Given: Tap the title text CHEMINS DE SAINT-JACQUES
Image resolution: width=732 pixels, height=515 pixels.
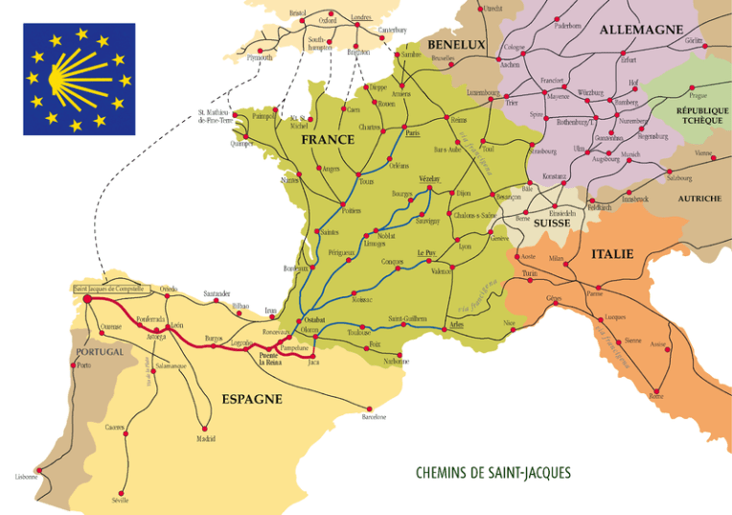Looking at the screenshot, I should [x=493, y=473].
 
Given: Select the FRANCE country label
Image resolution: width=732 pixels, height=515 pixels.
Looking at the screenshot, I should [x=328, y=140].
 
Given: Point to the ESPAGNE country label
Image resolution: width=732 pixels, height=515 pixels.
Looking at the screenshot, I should [x=252, y=399].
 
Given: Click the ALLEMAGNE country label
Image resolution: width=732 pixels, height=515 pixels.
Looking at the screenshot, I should [x=641, y=30].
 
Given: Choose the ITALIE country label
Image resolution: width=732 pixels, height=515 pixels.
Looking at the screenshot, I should [x=612, y=254].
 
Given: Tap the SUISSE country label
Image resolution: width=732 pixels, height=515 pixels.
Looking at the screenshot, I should [x=552, y=222].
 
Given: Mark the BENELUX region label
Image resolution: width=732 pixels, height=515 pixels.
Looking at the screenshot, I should [x=456, y=45].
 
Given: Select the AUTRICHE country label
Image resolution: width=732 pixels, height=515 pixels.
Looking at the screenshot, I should [x=698, y=199].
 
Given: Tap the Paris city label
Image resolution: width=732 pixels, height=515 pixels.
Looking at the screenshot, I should [x=413, y=133].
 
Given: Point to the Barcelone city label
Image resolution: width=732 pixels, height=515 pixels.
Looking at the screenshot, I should [x=374, y=417].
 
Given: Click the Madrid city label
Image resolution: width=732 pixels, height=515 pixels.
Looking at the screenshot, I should [x=205, y=438].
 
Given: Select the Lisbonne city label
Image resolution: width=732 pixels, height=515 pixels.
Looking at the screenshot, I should [x=26, y=477].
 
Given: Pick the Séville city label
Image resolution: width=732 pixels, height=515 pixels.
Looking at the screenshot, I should [x=120, y=501].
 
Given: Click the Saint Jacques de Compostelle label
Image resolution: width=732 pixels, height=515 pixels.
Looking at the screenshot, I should [x=109, y=288].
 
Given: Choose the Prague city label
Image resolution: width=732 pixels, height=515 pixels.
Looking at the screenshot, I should [x=697, y=96].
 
